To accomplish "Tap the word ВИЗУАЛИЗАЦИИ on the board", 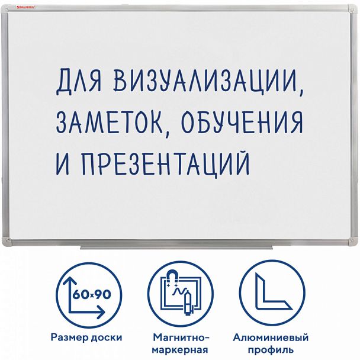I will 208,83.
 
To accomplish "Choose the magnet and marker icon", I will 179,290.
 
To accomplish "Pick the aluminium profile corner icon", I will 271,290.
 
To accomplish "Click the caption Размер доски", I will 86,337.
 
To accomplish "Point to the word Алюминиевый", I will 271,337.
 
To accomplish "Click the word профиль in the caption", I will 271,350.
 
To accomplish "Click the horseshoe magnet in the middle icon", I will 174,276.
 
